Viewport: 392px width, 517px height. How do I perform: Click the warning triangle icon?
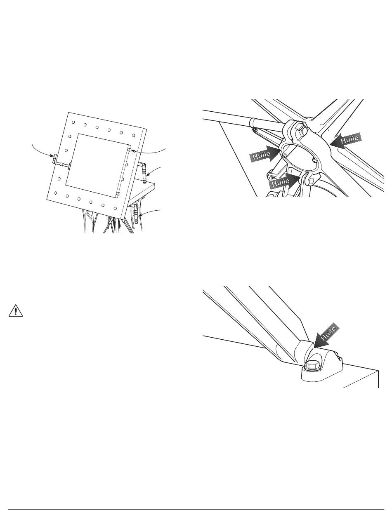tap(16, 311)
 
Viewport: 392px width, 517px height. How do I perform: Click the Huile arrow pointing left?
tap(345, 141)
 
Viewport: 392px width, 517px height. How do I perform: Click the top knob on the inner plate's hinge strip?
tap(129, 150)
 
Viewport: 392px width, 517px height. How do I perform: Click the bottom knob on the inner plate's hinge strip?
tap(118, 194)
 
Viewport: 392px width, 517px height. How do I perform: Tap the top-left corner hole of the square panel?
tap(73, 122)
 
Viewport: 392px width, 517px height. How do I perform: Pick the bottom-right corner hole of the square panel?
tap(115, 209)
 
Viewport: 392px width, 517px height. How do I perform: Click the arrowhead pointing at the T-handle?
tap(52, 156)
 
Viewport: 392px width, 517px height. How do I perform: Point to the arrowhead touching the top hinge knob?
tap(133, 151)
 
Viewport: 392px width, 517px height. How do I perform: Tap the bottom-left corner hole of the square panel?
tap(55, 193)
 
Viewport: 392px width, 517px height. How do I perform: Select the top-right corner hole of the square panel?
tap(134, 135)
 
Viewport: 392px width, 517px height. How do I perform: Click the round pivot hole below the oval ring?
tap(312, 181)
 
